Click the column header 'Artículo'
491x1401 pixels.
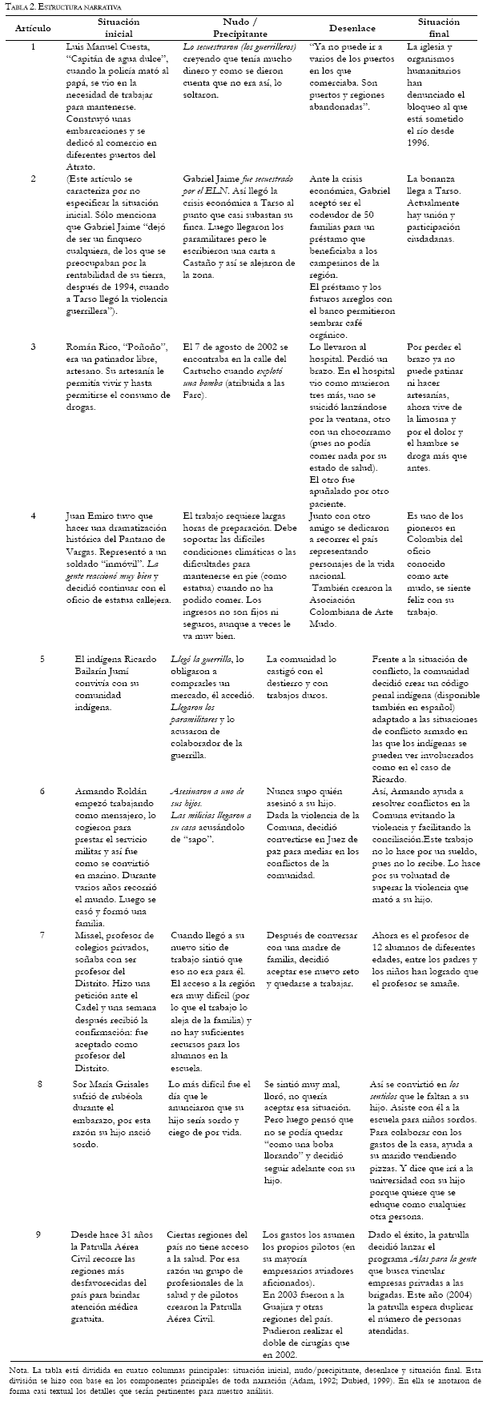point(34,28)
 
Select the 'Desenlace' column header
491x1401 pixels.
point(345,28)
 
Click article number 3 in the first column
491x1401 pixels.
point(34,347)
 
